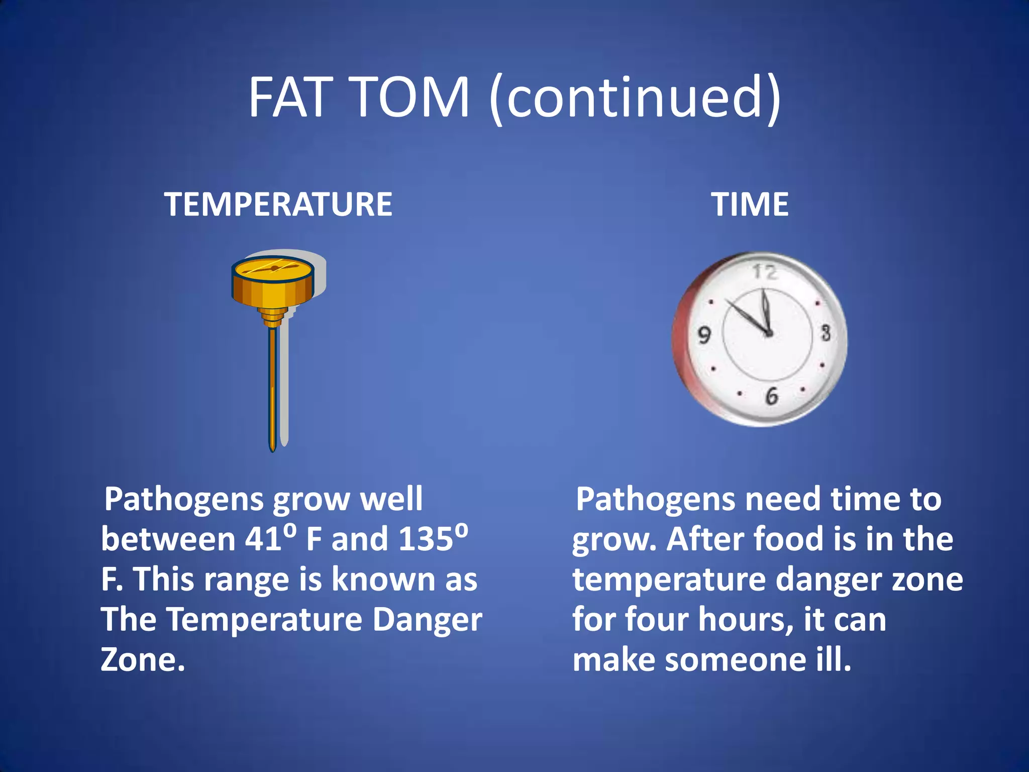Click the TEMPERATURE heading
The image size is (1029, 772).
[278, 205]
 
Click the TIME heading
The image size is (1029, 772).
[750, 205]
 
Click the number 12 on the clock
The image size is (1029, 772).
[764, 272]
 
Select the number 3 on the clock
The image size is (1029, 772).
[826, 333]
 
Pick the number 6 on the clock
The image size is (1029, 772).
[771, 396]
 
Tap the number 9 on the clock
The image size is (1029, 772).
[704, 335]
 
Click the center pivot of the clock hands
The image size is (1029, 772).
[768, 333]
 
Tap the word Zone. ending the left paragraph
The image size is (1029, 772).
[143, 659]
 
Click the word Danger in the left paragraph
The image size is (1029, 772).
[427, 620]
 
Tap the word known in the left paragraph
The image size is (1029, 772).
[384, 580]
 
